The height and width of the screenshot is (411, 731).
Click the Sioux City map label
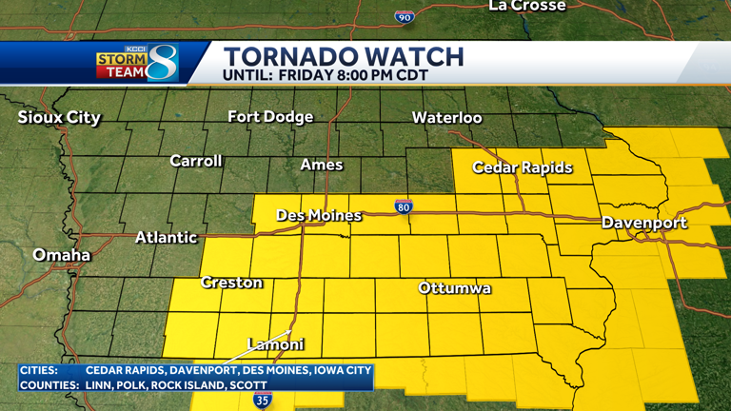pyautogui.click(x=59, y=118)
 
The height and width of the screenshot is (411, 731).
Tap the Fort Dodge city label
pyautogui.click(x=270, y=117)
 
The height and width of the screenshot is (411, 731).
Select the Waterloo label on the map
pyautogui.click(x=446, y=118)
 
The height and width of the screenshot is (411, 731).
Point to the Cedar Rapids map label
pyautogui.click(x=523, y=167)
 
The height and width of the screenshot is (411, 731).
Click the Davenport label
pyautogui.click(x=644, y=223)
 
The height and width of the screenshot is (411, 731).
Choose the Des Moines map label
pyautogui.click(x=319, y=216)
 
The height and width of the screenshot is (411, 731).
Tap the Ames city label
pyautogui.click(x=322, y=165)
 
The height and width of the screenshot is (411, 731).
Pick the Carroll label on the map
pyautogui.click(x=196, y=161)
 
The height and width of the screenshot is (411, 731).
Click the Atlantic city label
pyautogui.click(x=167, y=237)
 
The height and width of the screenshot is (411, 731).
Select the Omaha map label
pyautogui.click(x=62, y=255)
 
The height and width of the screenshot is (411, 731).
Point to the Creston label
pyautogui.click(x=232, y=283)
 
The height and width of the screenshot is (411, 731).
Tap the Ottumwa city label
pyautogui.click(x=455, y=287)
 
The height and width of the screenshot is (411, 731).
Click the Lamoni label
pyautogui.click(x=276, y=344)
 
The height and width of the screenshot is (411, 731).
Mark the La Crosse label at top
pyautogui.click(x=526, y=7)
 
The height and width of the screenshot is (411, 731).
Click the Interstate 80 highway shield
pyautogui.click(x=405, y=206)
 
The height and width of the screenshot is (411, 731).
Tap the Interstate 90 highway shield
pyautogui.click(x=405, y=17)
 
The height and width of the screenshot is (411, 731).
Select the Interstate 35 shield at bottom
pyautogui.click(x=263, y=401)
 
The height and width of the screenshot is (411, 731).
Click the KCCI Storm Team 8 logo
pyautogui.click(x=138, y=63)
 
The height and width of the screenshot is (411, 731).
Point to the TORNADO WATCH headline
pyautogui.click(x=344, y=56)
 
